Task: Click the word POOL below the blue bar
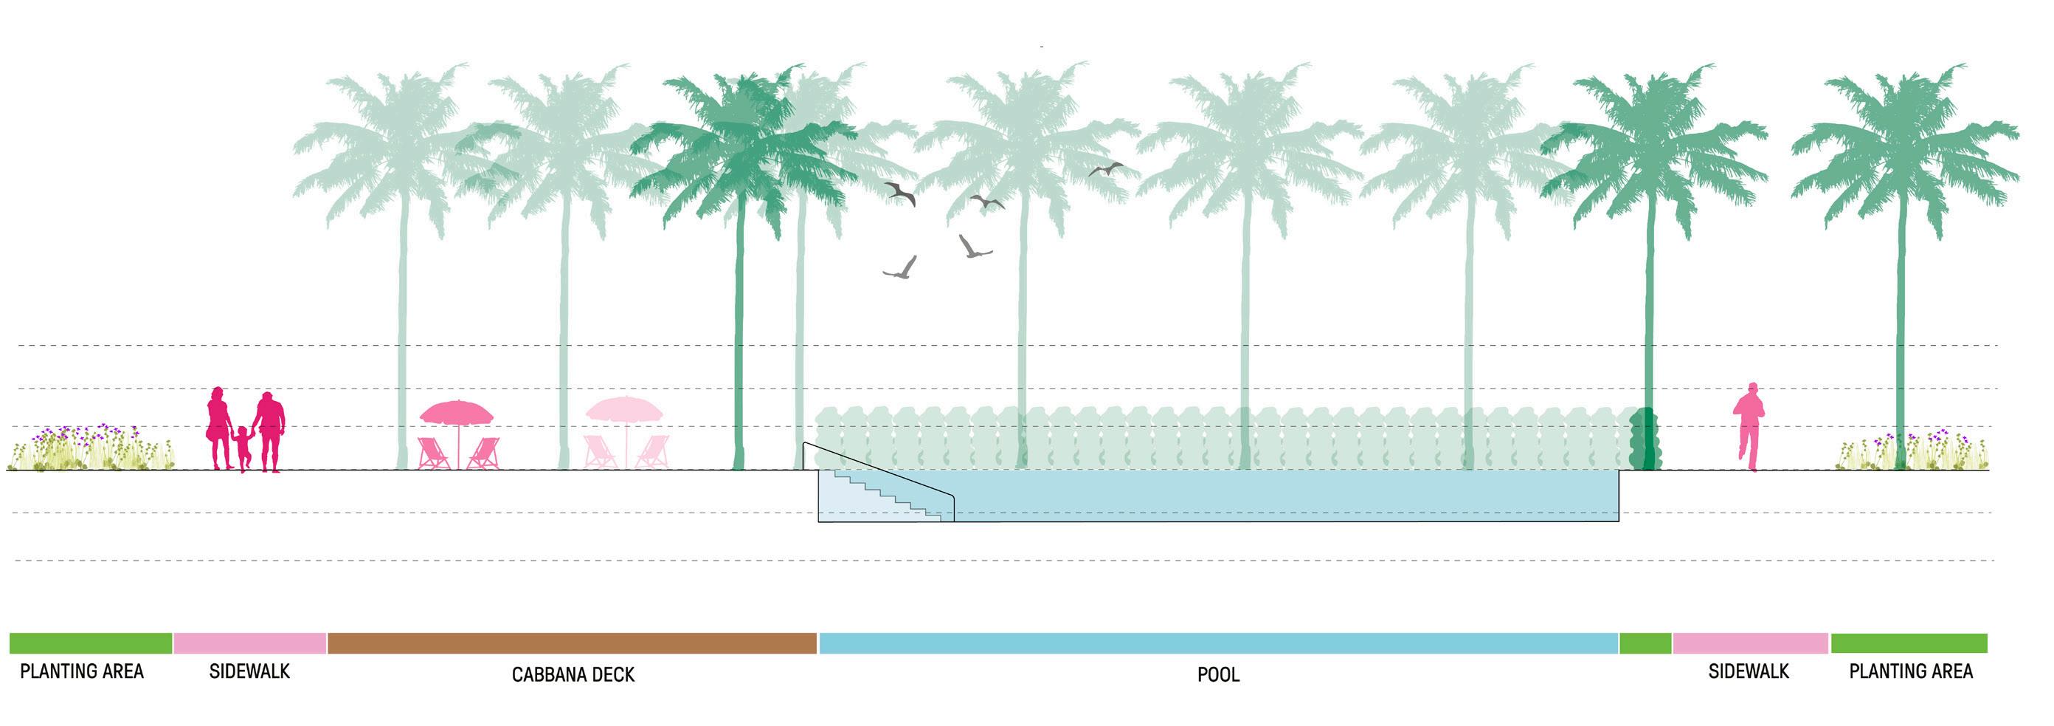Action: tap(1217, 675)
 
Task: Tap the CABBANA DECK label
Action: tap(573, 675)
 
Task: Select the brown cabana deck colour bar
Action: tap(572, 643)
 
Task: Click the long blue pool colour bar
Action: tap(1217, 643)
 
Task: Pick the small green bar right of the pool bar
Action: tap(1645, 643)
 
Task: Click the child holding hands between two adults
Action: tap(243, 448)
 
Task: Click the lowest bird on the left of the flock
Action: tap(901, 269)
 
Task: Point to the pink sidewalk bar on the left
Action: tap(249, 643)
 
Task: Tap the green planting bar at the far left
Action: tap(90, 643)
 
